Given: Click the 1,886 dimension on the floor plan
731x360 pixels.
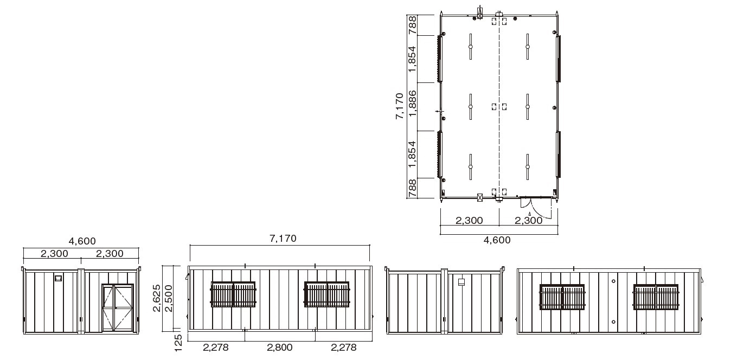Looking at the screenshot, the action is tap(413, 103).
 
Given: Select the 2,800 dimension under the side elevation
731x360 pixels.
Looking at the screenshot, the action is tap(280, 348).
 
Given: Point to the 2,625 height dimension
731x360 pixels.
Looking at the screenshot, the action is tap(157, 298).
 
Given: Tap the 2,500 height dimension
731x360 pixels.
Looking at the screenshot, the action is tap(169, 298).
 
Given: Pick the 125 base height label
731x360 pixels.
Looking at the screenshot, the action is tap(178, 343).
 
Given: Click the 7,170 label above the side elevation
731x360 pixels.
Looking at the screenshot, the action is tap(283, 238).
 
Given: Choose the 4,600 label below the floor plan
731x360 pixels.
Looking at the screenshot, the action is tap(497, 240).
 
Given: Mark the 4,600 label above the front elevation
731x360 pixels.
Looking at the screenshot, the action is tap(82, 241).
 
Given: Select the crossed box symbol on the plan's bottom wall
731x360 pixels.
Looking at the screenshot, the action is tap(480, 197).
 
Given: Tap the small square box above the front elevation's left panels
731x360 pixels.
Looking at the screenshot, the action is tap(59, 278).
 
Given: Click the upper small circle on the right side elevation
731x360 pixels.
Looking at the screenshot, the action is tap(613, 281).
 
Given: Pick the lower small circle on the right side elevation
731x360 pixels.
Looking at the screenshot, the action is tap(613, 322).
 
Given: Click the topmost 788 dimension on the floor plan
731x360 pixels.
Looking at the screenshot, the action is tap(413, 25).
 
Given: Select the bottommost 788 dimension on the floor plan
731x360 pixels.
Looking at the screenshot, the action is tap(413, 188).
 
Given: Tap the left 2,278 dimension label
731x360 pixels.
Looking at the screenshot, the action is tap(216, 348).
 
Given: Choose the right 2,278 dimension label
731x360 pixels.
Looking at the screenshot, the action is tap(344, 348).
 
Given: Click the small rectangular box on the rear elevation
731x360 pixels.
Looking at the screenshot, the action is tap(461, 282).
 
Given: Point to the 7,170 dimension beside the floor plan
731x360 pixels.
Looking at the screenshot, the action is tap(400, 106).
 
